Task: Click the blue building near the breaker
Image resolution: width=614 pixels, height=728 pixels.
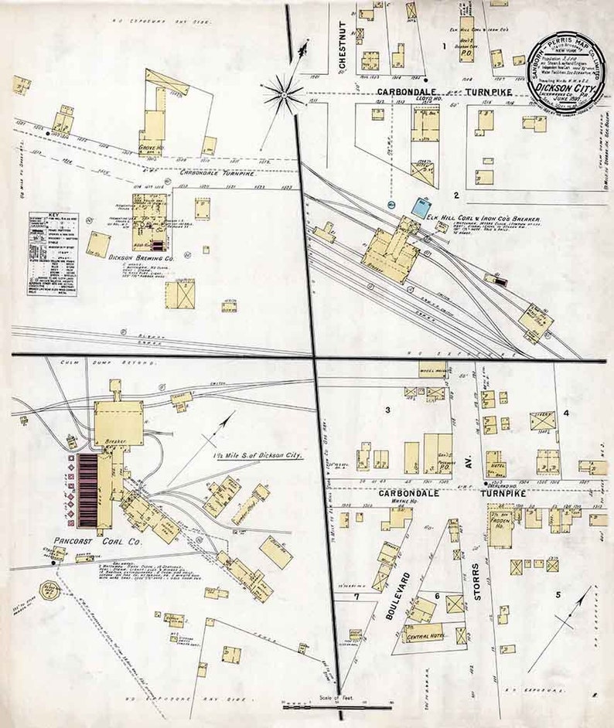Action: coord(420,206)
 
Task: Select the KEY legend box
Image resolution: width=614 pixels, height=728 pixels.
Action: coord(54,250)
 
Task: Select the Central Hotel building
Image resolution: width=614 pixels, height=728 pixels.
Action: coord(424,636)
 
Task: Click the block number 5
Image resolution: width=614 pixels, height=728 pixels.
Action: coord(558,594)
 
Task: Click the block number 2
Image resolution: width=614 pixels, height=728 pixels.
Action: coord(457,195)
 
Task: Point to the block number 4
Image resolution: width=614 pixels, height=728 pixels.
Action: coord(567,413)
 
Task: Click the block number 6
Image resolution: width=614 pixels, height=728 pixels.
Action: coord(437,596)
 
